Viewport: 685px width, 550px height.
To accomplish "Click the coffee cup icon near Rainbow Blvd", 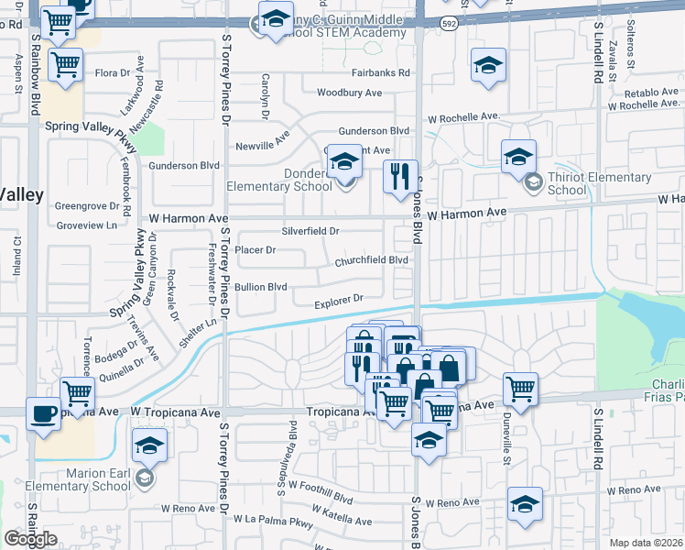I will pos(44,412).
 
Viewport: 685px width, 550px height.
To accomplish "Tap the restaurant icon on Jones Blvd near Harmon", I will pos(398,176).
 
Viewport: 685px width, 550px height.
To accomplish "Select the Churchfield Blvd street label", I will pos(370,259).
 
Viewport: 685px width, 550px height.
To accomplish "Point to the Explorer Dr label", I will pos(339,300).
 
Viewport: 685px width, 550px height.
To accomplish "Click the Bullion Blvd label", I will pos(261,287).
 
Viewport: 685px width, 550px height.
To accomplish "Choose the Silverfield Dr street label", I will pos(310,231).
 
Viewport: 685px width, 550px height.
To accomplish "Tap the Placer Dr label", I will pos(256,249).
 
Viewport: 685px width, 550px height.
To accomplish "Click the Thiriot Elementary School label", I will pos(567,183).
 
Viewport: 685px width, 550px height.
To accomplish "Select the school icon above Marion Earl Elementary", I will pos(147,446).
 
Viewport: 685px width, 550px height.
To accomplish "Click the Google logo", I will pos(30,538).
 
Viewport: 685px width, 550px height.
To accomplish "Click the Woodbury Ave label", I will pos(349,93).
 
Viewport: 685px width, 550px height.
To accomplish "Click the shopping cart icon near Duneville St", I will pos(520,387).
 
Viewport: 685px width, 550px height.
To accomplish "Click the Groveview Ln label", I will pos(87,225).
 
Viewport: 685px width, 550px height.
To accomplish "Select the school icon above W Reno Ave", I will pos(525,503).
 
